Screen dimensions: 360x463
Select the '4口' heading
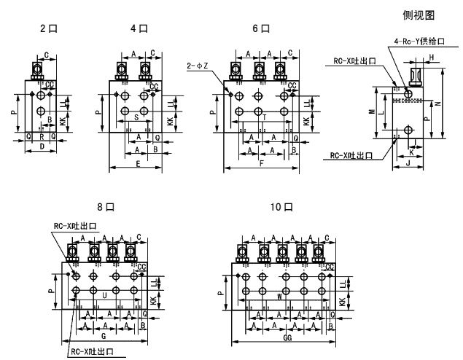[138, 29]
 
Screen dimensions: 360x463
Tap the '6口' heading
[260, 29]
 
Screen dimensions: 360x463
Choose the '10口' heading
[280, 207]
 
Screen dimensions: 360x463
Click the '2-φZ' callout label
[198, 66]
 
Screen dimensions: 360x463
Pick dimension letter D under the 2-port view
[42, 146]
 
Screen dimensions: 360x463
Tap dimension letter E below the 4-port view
[139, 164]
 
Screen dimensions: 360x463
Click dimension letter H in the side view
[432, 57]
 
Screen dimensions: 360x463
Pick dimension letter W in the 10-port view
[281, 297]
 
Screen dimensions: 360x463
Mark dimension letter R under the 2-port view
[41, 136]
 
